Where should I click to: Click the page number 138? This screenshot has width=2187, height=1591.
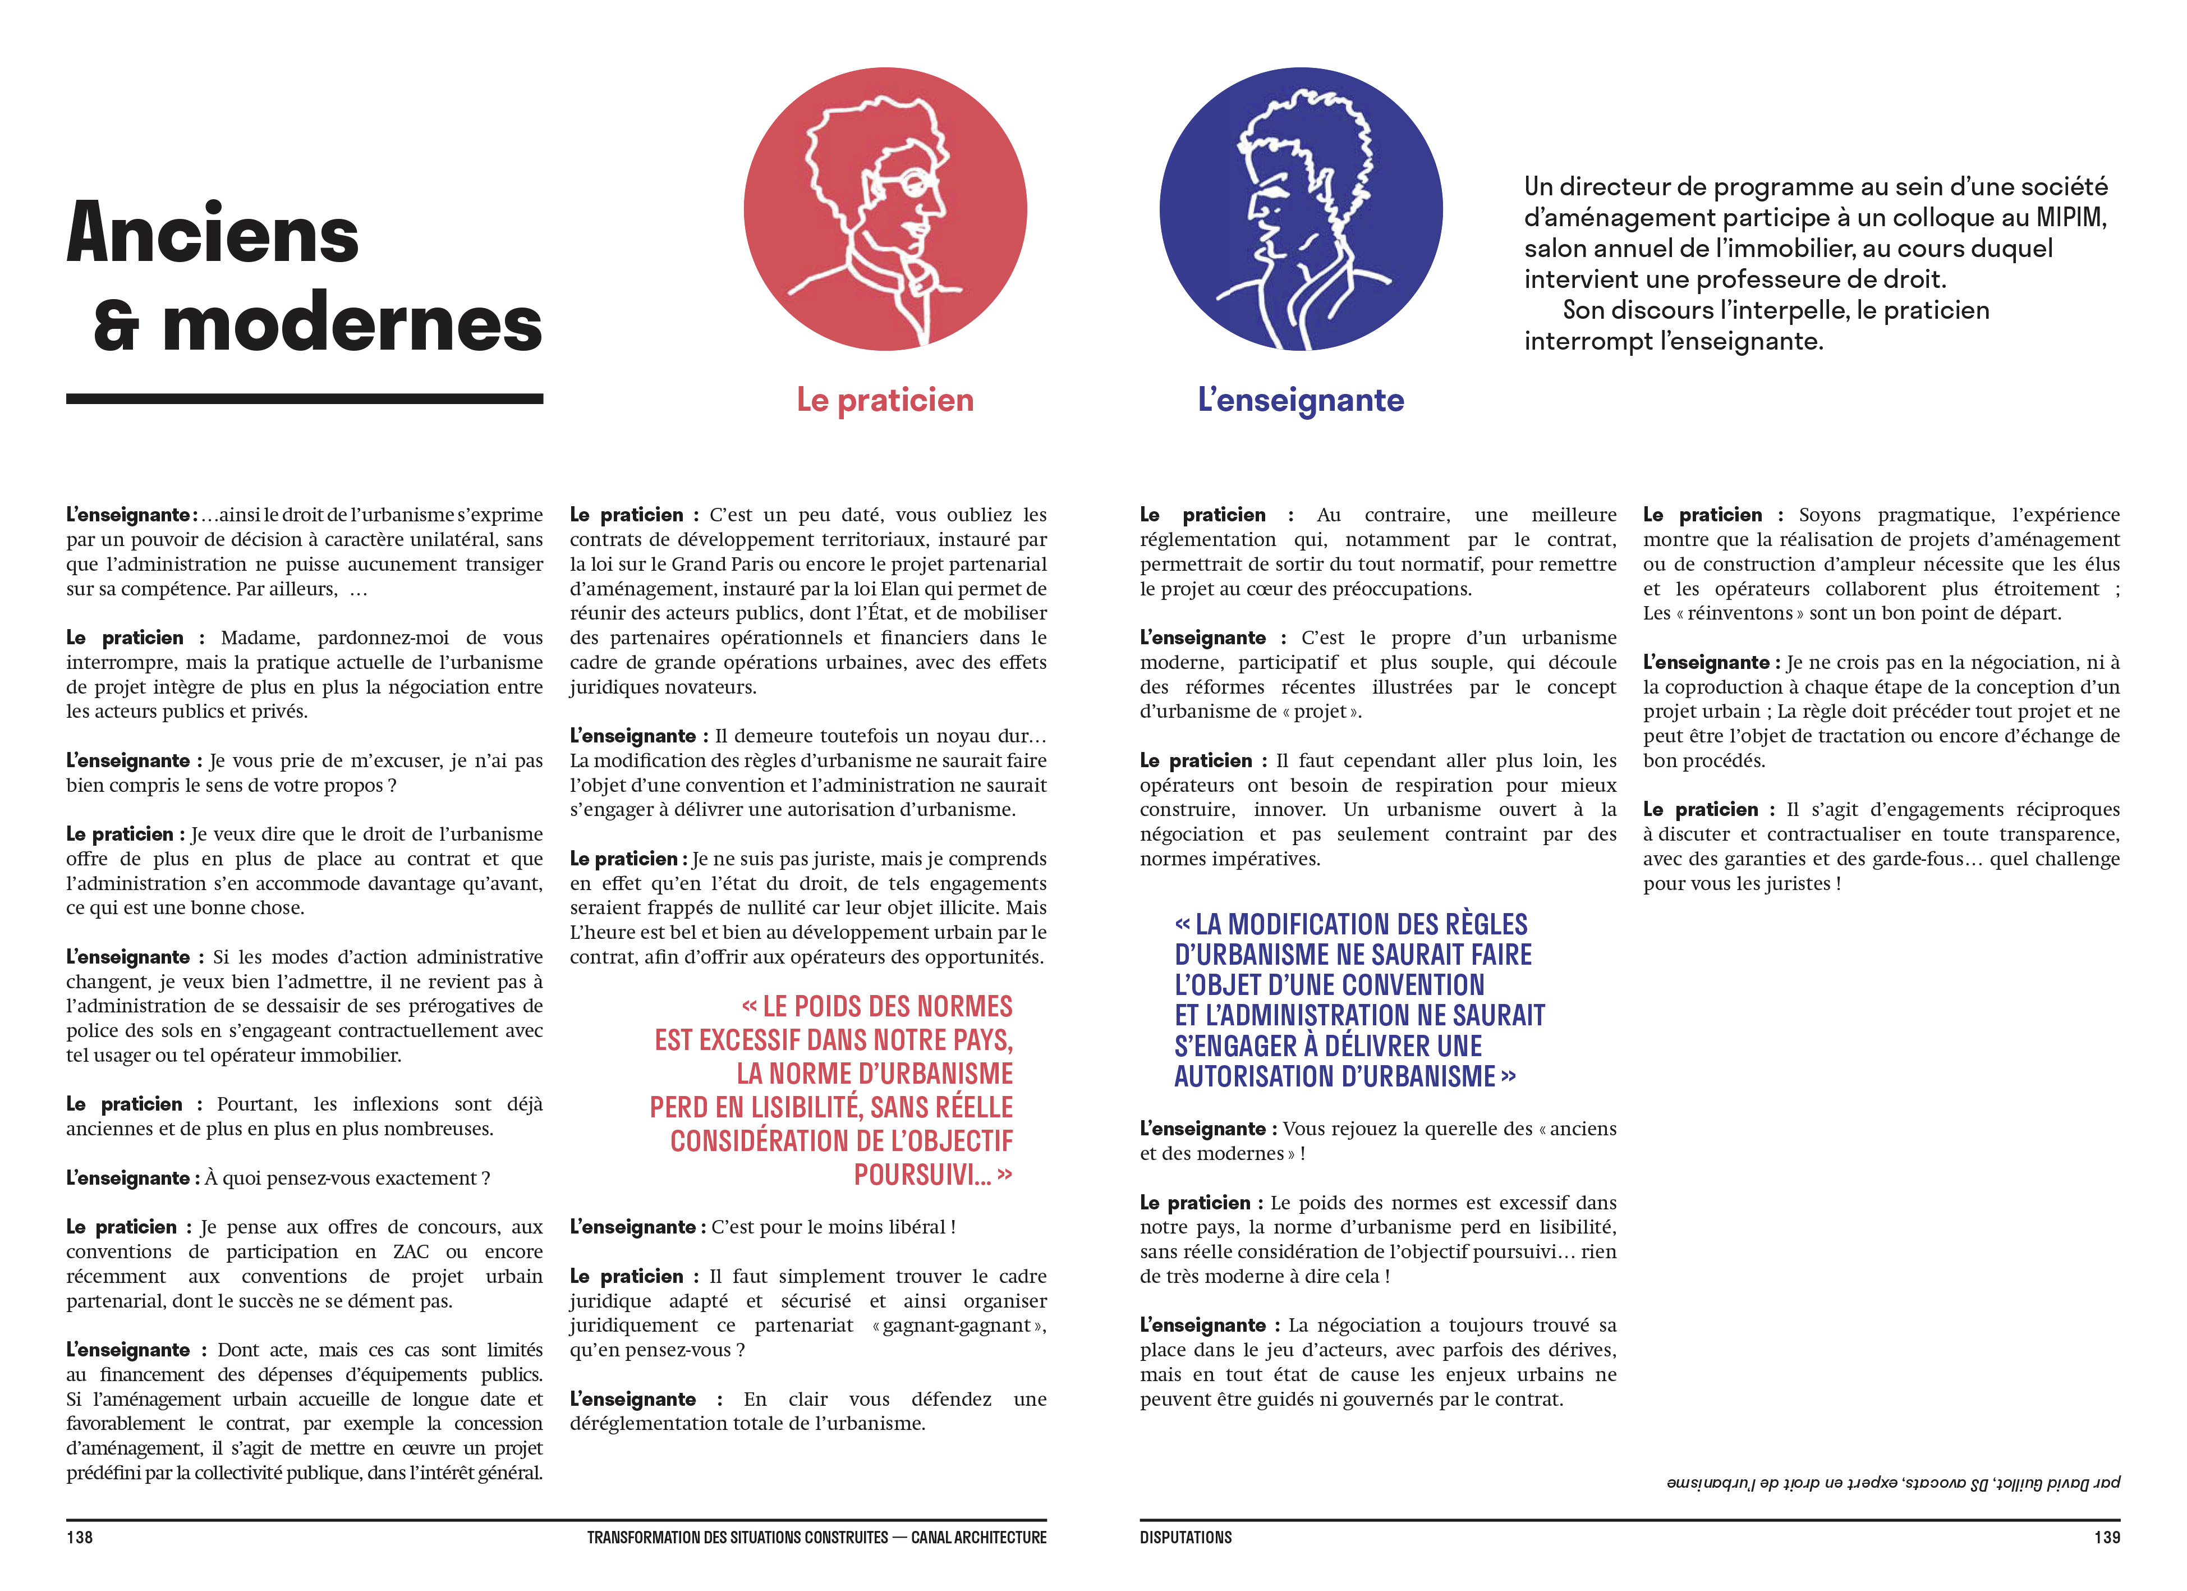point(79,1537)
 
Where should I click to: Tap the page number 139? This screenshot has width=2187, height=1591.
point(2106,1537)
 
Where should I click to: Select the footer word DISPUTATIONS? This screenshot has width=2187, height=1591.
point(1185,1537)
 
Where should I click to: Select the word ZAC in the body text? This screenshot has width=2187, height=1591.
point(411,1251)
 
